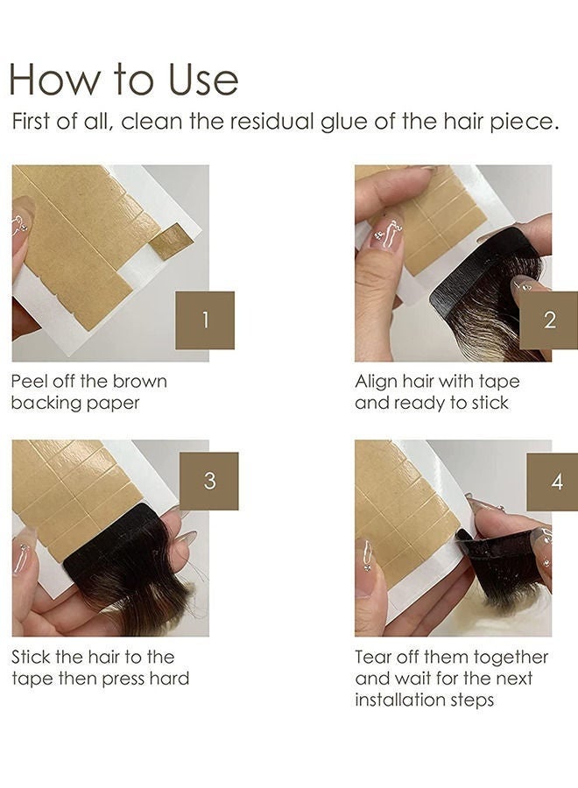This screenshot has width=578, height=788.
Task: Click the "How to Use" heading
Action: [123, 79]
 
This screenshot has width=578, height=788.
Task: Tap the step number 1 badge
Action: [205, 320]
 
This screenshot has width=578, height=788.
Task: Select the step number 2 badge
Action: [549, 320]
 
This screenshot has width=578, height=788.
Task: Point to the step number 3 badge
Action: [208, 481]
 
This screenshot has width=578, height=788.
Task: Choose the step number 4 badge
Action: [557, 481]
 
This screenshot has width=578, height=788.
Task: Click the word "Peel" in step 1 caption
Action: [31, 382]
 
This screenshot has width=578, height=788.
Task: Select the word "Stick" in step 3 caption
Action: [33, 657]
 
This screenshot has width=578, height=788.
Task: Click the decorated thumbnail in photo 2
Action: [385, 233]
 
